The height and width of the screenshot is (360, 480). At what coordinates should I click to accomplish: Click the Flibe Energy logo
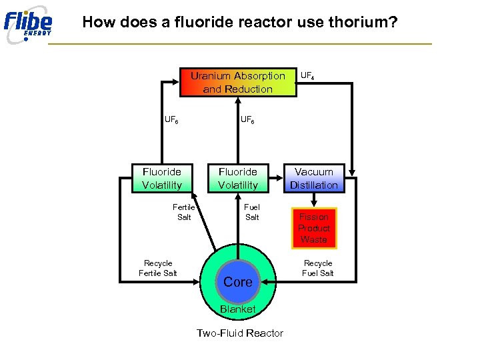coord(28,24)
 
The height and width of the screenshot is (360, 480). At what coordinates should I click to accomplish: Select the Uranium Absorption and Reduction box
coord(238,82)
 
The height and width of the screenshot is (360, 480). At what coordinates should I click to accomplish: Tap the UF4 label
coord(307,76)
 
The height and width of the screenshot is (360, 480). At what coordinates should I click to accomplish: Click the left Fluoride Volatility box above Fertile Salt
coord(162,179)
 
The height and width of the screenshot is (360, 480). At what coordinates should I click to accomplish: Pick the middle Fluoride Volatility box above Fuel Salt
coord(238,179)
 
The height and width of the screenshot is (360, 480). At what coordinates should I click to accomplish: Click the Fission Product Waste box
coord(314,228)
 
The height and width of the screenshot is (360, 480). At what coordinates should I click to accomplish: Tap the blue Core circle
coord(238,282)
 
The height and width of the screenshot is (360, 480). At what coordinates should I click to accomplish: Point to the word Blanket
coord(238,309)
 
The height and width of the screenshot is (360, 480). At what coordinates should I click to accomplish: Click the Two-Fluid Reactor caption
coord(240,333)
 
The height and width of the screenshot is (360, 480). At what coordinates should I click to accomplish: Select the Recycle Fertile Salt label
coord(158,268)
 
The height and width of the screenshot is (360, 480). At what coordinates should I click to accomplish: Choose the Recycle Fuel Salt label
coord(318,268)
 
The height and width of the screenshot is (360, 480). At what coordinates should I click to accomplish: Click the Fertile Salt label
coord(183,212)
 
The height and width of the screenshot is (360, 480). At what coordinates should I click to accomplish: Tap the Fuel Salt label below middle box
coord(252,212)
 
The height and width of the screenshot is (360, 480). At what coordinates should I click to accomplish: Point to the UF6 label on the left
coord(171,121)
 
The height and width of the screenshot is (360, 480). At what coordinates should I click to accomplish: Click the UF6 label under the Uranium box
coord(247,121)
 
